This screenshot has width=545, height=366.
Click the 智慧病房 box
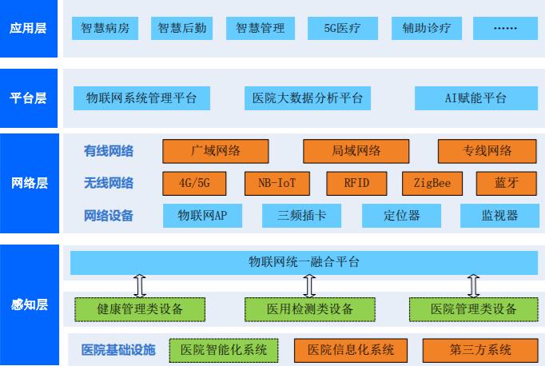105,28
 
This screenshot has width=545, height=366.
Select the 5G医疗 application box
343,28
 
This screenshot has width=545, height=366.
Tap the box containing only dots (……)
505,28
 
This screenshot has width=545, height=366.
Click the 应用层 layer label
29,28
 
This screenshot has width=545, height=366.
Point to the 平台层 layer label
29,98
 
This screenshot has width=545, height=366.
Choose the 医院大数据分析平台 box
308,98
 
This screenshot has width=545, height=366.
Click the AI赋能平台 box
476,98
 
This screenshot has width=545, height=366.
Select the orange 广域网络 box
216,151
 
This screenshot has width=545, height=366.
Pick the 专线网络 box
487,151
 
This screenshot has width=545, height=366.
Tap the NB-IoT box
277,183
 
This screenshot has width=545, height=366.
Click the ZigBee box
432,183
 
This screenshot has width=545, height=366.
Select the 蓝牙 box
507,183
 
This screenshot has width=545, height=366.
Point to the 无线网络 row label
109,183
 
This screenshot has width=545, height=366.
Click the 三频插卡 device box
302,216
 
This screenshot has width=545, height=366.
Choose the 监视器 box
499,216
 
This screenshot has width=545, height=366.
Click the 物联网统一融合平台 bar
304,262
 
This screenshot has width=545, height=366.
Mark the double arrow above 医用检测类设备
309,286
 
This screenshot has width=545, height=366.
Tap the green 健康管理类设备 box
140,309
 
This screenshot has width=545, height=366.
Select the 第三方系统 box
480,350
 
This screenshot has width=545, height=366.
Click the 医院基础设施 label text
118,350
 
